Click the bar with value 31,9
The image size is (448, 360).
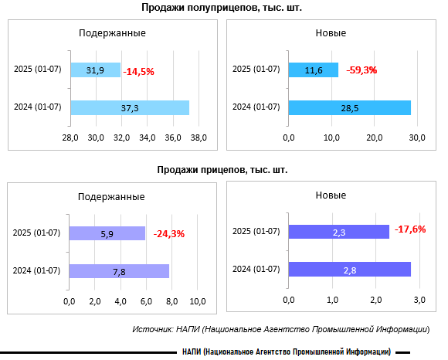96,70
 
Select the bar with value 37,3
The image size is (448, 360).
130,107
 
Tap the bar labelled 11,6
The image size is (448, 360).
314,70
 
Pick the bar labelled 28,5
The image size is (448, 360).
350,107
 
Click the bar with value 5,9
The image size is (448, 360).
107,233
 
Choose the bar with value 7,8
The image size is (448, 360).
119,271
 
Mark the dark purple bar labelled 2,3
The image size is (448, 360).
339,232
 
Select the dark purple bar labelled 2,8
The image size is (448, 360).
350,270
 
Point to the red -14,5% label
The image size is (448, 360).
138,71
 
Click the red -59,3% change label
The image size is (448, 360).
361,70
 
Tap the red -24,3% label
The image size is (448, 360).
169,234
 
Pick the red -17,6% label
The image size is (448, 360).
410,229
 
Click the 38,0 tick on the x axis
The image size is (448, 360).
199,138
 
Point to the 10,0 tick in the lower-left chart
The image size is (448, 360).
198,301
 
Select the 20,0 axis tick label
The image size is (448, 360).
375,138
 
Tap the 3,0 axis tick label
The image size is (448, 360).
419,300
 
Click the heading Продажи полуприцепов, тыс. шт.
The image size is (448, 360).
222,8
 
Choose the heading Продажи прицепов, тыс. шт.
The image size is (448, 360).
222,170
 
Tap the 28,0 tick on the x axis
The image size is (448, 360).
70,138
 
